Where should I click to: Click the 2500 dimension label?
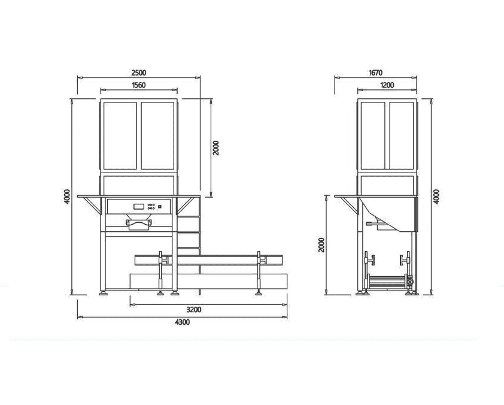pos(138,72)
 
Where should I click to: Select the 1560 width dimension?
pos(138,85)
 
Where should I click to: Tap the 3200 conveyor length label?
pos(194,310)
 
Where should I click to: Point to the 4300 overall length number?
pos(182,322)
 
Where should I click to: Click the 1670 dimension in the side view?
pos(375,72)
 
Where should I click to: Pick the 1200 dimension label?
pos(387,85)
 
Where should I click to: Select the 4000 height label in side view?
pos(436,197)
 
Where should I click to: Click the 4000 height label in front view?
pos(67,197)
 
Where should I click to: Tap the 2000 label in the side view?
pos(321,245)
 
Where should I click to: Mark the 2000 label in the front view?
pos(216,147)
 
